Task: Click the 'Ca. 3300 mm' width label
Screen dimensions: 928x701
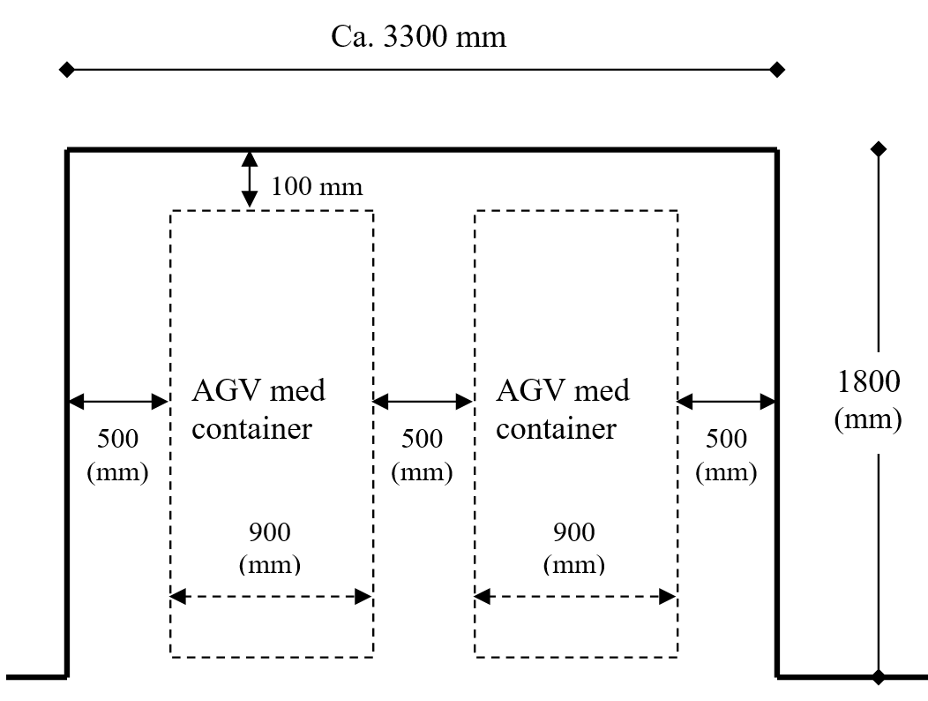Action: (x=418, y=37)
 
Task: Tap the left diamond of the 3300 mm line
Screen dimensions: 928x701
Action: (x=67, y=70)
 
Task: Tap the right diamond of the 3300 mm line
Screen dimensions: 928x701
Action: (x=777, y=70)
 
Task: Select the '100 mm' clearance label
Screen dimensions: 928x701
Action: (x=317, y=186)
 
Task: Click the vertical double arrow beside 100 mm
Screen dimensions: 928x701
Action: (x=250, y=179)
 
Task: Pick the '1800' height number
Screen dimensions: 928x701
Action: (x=869, y=381)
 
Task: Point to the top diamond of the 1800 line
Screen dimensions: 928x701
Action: (x=879, y=149)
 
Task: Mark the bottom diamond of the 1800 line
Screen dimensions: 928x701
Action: (x=879, y=676)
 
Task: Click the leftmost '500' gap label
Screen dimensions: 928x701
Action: (x=118, y=439)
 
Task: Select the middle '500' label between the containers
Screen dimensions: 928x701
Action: (x=422, y=439)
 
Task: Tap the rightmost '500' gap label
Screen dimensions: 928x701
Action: (x=726, y=439)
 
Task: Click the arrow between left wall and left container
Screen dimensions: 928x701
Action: (x=118, y=402)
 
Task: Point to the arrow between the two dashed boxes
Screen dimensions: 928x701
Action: (x=423, y=402)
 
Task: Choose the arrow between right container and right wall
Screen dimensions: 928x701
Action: (x=726, y=402)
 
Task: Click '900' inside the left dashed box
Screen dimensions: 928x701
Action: (x=270, y=532)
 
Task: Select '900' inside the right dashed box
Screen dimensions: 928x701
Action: (x=574, y=532)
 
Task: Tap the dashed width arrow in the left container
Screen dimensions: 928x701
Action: (x=271, y=597)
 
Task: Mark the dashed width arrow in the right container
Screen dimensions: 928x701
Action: (x=575, y=597)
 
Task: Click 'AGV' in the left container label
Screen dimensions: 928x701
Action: (x=227, y=391)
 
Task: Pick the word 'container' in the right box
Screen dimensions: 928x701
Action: (x=557, y=429)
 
